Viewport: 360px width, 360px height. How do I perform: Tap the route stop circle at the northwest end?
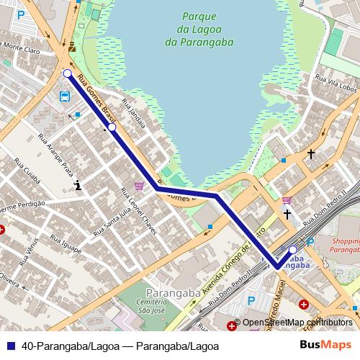pyautogui.click(x=67, y=73)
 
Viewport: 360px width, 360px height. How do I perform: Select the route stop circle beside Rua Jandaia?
pyautogui.click(x=112, y=127)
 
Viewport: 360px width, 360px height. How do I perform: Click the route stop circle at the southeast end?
pyautogui.click(x=292, y=250)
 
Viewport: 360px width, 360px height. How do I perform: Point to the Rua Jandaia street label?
pyautogui.click(x=135, y=114)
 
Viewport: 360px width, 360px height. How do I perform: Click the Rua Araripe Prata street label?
pyautogui.click(x=56, y=152)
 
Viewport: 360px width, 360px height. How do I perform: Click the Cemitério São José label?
pyautogui.click(x=167, y=305)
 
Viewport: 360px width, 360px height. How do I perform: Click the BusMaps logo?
pyautogui.click(x=325, y=345)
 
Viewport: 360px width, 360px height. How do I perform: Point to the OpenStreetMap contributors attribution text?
pyautogui.click(x=297, y=323)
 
